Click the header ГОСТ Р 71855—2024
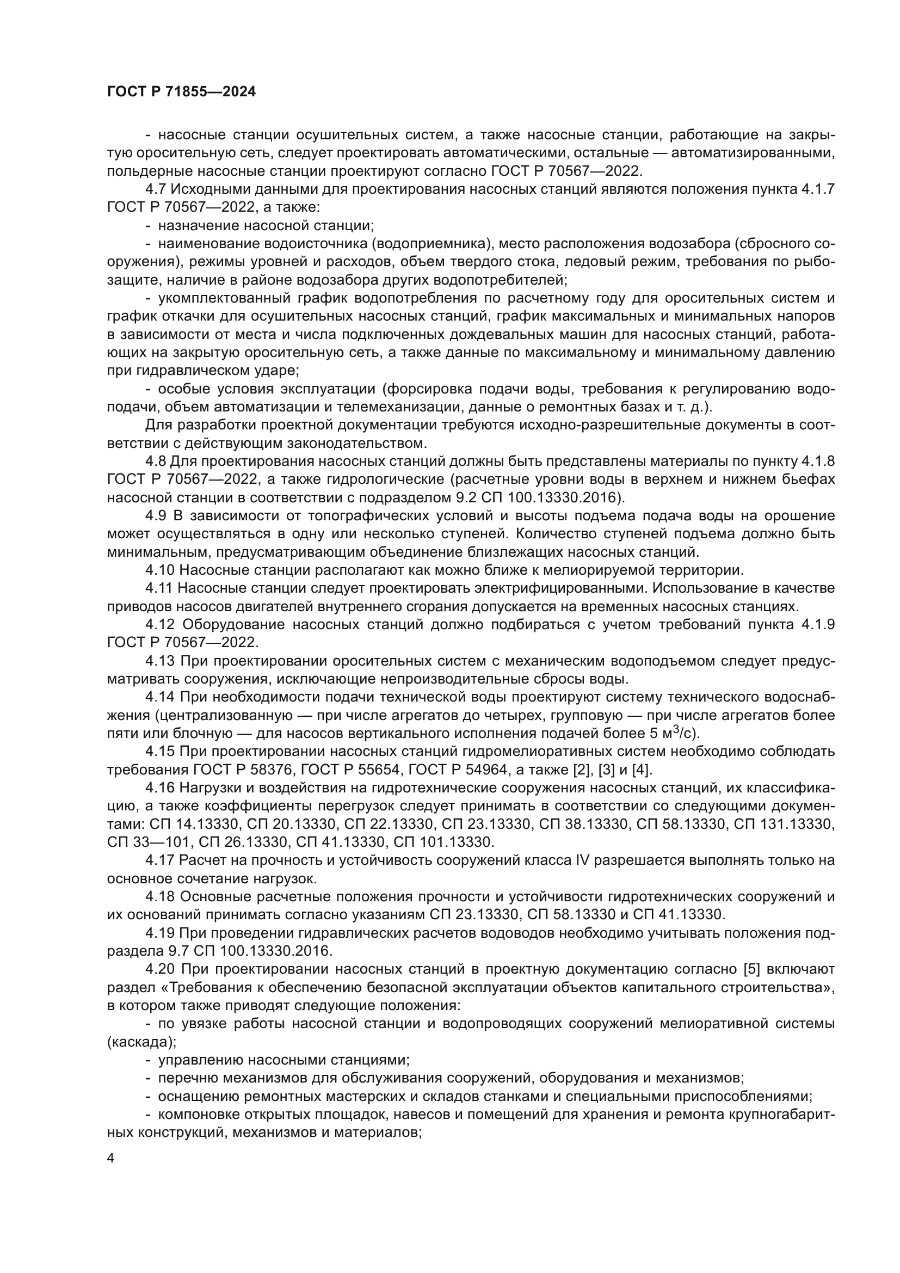(x=181, y=92)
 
